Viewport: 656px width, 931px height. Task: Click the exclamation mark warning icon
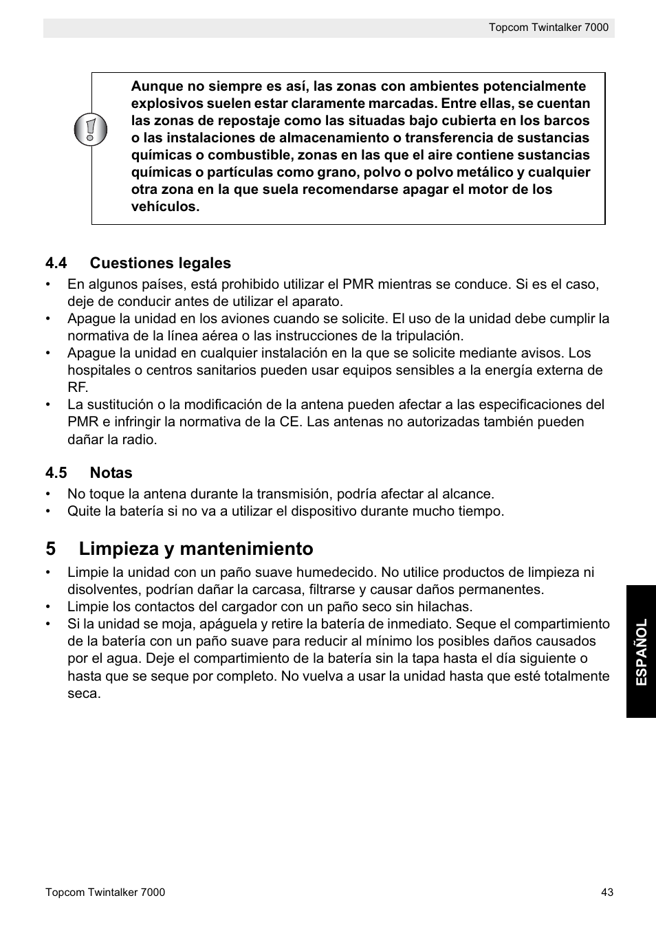91,129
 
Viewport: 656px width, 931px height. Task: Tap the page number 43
606,892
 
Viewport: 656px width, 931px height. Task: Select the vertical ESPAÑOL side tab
641,651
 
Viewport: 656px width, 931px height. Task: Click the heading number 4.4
56,263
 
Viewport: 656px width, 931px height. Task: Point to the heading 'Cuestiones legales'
160,263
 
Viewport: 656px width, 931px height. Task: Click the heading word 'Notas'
111,473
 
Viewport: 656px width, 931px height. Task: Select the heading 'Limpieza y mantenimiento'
196,549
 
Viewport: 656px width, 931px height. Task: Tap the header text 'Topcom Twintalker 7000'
549,28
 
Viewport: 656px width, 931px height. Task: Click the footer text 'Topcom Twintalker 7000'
105,892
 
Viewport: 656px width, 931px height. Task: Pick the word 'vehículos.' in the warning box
165,207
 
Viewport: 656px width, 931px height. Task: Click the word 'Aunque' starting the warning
157,87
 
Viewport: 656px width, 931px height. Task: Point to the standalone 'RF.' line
77,388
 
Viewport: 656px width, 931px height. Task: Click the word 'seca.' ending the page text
84,693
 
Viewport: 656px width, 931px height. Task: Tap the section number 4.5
56,473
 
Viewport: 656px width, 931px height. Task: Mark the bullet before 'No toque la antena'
49,494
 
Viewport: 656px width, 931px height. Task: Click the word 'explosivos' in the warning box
167,104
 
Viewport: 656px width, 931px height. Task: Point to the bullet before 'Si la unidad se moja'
49,624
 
